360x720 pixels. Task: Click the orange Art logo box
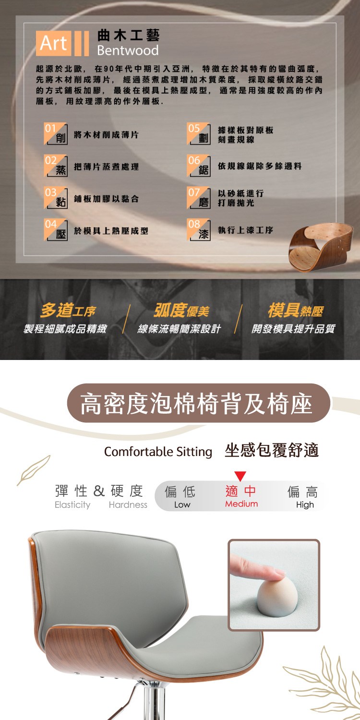53,43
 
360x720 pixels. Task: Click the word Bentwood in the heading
128,50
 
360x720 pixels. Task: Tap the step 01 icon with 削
56,133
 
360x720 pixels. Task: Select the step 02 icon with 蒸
56,166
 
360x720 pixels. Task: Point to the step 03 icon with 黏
56,198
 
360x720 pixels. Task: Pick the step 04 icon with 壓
56,229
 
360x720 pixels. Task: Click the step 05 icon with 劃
199,133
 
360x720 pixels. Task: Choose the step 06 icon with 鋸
199,166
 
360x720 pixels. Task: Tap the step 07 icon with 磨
199,198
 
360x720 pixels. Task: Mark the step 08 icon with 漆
199,229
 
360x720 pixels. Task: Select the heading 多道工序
68,310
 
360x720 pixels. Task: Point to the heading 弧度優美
181,310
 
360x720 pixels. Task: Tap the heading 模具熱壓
296,310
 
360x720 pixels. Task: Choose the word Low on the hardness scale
182,504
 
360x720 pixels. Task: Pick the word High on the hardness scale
305,505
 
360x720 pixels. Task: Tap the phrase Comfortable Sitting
158,452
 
